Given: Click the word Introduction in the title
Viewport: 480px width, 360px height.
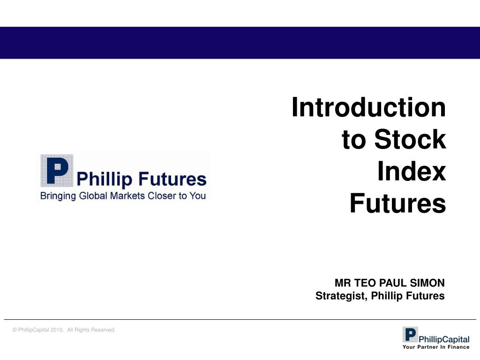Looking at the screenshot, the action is tap(368, 107).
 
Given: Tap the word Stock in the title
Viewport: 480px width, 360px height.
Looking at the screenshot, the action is tap(410, 139).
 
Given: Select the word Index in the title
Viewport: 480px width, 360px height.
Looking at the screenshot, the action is tap(412, 171).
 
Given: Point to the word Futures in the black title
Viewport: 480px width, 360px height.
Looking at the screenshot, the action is tap(397, 203).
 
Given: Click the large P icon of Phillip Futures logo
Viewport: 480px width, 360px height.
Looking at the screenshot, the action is tap(57, 171).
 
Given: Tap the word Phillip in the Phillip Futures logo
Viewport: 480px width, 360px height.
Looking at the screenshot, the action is tap(105, 180).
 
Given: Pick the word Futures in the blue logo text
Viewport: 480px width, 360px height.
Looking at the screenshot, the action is tap(172, 179).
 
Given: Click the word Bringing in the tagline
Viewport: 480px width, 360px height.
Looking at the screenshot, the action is tap(58, 196).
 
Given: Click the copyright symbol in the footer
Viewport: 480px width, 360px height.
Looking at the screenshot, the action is tap(15, 330).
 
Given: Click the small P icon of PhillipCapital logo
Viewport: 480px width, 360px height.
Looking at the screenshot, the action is tap(410, 334).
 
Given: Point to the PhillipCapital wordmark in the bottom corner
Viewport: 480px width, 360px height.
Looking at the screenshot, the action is tap(444, 339).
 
